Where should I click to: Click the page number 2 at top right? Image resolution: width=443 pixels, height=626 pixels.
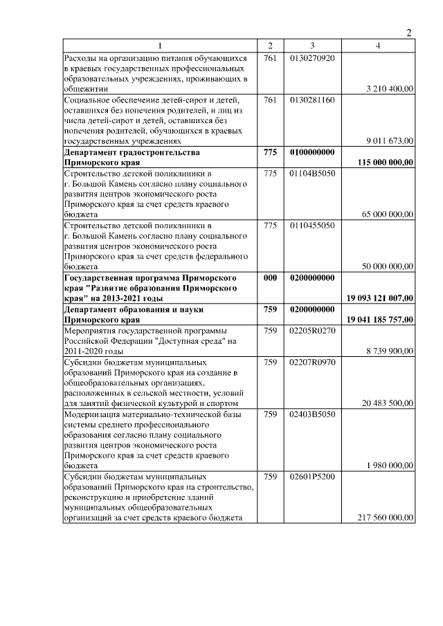point(408,33)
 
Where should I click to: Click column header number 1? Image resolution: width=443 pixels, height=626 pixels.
point(161,46)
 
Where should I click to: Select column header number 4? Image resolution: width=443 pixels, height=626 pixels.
point(377,46)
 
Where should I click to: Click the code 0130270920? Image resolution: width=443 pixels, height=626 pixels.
point(312,58)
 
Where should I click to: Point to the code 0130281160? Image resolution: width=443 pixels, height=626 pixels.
point(312,100)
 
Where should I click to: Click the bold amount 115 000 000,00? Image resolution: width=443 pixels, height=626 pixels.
point(386,162)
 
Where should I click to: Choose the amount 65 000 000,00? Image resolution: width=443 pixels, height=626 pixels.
point(387,214)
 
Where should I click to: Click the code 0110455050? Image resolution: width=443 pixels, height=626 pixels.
point(312,225)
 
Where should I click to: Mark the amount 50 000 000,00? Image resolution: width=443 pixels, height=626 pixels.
point(387,266)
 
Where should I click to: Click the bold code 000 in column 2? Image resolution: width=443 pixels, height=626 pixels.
point(270,277)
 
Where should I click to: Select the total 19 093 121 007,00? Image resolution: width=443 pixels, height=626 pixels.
point(380,298)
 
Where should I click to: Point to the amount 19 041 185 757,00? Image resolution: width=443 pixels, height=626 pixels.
point(380,320)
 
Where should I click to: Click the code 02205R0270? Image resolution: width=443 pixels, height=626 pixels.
point(312,331)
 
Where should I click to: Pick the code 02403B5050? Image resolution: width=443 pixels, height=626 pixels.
point(312,414)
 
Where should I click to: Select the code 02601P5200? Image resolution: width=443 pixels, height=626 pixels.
point(312,477)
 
